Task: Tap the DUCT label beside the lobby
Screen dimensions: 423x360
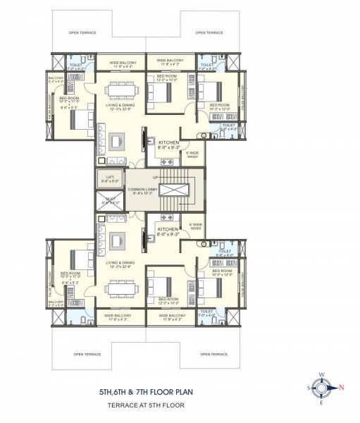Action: [108, 200]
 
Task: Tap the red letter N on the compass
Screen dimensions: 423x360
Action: [342, 387]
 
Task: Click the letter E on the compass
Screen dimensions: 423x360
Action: [323, 403]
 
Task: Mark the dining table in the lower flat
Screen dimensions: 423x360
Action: [116, 288]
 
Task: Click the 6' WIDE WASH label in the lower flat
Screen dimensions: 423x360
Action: [197, 227]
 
